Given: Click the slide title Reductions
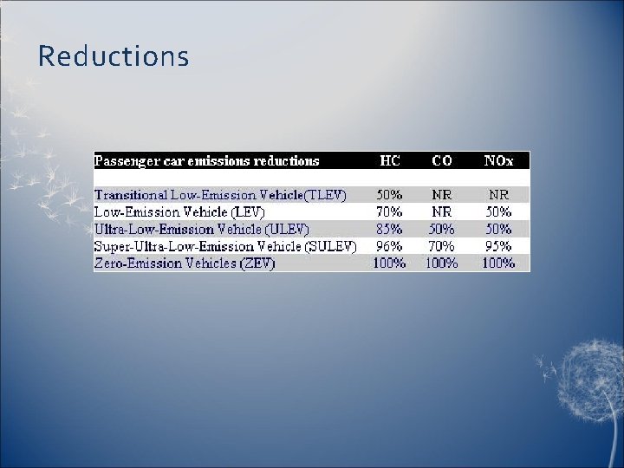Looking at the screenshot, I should coord(113,57).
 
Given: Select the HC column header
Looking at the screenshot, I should coord(389,160).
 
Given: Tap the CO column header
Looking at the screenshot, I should coord(441,160).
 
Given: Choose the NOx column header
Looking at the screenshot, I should coord(498,160).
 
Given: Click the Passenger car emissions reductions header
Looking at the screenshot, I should coord(206,160).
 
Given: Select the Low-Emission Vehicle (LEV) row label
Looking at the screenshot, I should coord(179,211).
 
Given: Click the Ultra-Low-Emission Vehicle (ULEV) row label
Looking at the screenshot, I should coord(201,229).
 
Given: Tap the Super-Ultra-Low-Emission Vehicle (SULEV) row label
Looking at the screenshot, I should coord(224,246).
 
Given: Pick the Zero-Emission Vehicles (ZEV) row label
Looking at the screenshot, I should coord(184,263).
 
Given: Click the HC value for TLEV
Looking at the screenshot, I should coord(389,195).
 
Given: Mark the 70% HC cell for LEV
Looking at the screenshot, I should coord(389,211).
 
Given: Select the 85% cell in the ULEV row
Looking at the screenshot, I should coord(389,229).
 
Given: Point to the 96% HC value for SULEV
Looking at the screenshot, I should coord(389,246).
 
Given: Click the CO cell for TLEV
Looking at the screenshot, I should coord(442,195).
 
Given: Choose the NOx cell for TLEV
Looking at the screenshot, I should coord(498,195).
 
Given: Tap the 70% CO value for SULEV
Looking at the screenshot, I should coord(442,246).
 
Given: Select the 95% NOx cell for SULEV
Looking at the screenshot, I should coord(498,246).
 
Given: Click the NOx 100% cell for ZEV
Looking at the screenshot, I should coord(498,263).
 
